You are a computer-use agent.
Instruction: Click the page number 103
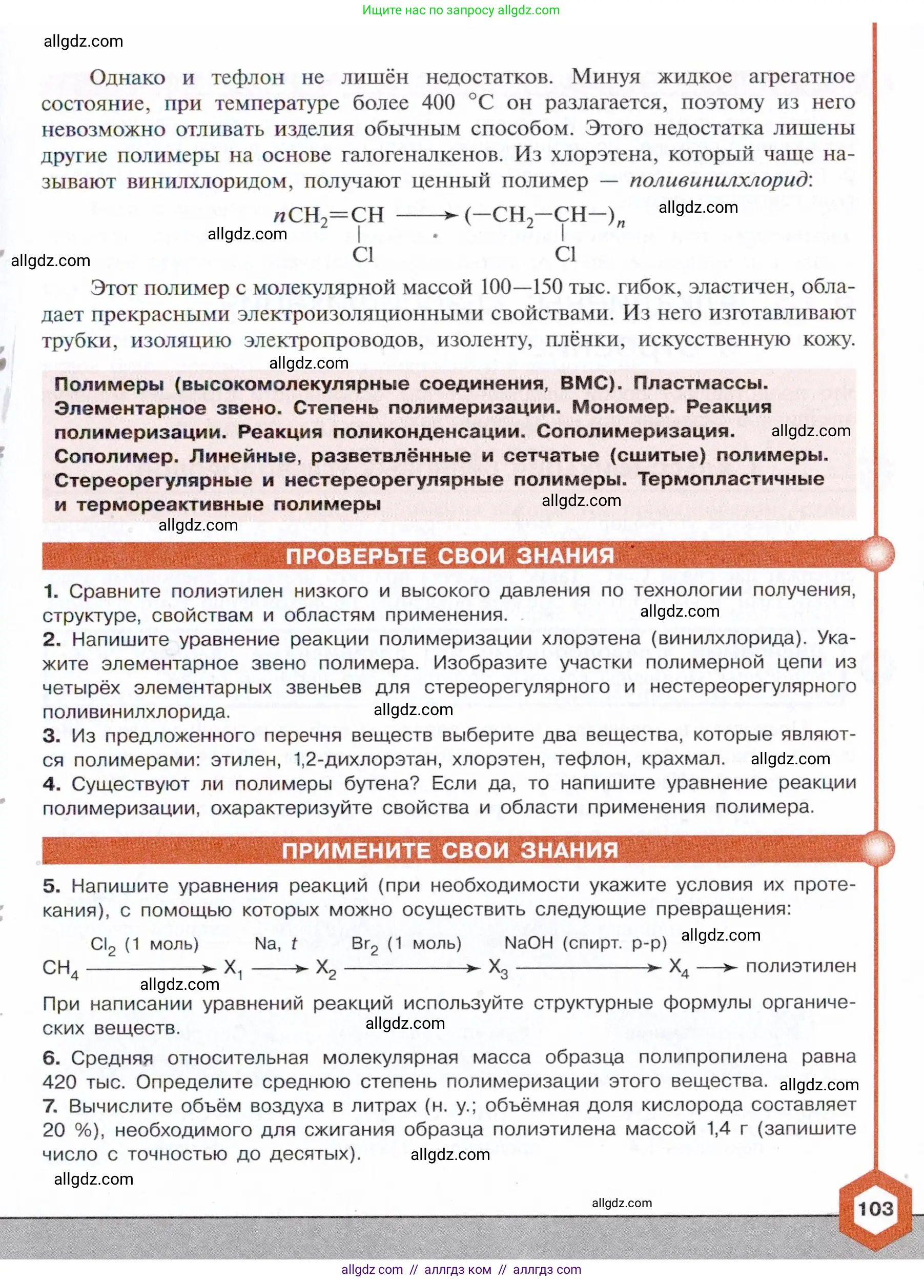(x=875, y=1209)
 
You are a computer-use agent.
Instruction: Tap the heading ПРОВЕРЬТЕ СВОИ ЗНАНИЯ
(x=449, y=556)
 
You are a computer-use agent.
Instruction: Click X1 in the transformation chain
(x=233, y=968)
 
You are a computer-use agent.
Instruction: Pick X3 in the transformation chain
(x=498, y=968)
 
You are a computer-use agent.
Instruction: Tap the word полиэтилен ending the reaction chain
(x=801, y=966)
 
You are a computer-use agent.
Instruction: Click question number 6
(x=51, y=1057)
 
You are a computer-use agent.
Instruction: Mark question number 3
(x=51, y=736)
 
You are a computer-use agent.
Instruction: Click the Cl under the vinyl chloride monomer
(x=363, y=255)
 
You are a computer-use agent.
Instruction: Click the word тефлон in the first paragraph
(x=248, y=77)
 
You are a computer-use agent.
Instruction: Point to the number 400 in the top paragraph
(x=438, y=103)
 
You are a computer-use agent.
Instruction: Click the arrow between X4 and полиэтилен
(x=717, y=968)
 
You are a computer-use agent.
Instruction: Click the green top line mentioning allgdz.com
(x=461, y=10)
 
